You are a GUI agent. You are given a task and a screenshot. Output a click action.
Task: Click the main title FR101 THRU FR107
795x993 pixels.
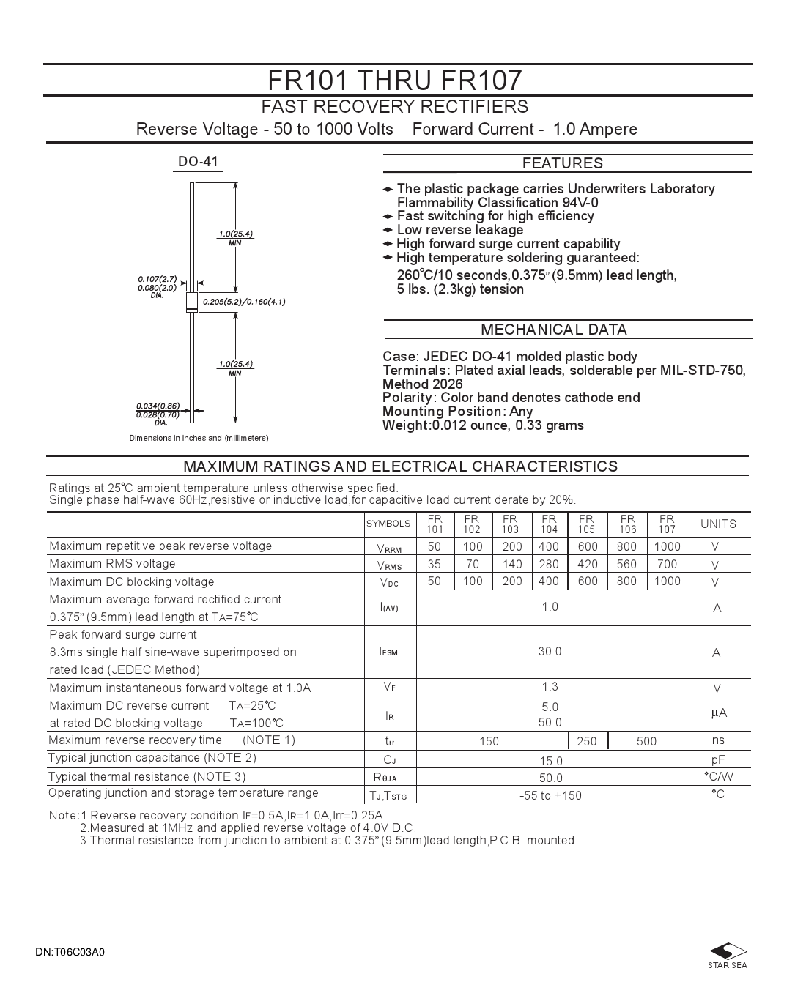tap(395, 79)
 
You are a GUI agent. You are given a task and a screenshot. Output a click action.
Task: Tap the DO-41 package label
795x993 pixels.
tap(199, 162)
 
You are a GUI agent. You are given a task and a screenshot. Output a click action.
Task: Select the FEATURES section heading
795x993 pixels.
tap(563, 163)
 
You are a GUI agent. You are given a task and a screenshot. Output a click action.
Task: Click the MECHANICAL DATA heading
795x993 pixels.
tap(554, 330)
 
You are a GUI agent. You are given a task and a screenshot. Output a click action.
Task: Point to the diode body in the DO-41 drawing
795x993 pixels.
tap(192, 302)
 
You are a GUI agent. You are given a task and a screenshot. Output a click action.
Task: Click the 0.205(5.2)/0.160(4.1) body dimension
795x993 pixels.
tap(244, 302)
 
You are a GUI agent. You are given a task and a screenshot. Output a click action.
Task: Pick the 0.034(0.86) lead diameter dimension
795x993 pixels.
tap(158, 406)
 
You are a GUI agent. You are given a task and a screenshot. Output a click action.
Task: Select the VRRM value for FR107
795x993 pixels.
tap(667, 546)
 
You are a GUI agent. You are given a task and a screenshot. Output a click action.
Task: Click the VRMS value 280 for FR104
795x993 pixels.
tap(548, 564)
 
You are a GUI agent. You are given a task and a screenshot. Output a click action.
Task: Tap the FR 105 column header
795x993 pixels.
tap(587, 524)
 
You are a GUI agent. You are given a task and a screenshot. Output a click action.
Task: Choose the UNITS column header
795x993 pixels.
tap(718, 524)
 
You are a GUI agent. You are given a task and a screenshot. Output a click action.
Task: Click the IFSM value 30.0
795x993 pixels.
tap(550, 651)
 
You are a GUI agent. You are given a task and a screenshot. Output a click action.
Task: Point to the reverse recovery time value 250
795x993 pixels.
tap(587, 741)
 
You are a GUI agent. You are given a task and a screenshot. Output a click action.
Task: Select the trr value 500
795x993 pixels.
tap(646, 741)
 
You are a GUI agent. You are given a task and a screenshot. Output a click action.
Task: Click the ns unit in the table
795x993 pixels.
tap(717, 740)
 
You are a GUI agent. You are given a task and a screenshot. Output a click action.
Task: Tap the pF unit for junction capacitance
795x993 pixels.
tap(717, 760)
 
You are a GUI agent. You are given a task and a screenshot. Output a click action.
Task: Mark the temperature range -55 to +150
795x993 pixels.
tap(550, 795)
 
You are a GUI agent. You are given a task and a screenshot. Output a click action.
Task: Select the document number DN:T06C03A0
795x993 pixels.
tap(70, 953)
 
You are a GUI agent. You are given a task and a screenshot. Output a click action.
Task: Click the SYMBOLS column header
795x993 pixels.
tap(388, 524)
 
